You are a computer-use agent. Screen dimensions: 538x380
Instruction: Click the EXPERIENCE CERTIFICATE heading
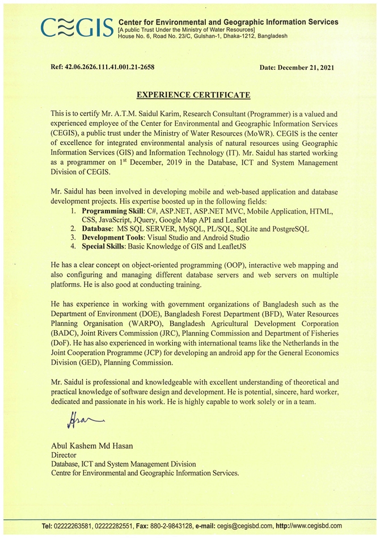189,93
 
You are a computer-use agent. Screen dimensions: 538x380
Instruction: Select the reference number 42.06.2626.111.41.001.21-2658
110,68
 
